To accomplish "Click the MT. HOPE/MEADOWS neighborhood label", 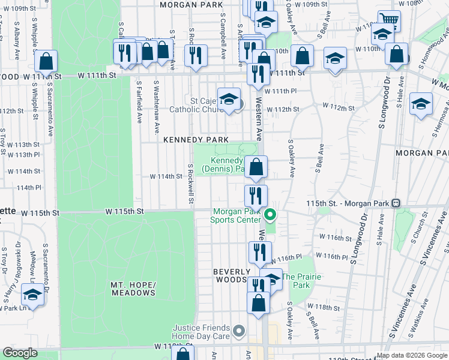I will pos(133,288).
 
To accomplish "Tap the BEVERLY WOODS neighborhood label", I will pos(231,276).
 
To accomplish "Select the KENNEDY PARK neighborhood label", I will pos(196,139).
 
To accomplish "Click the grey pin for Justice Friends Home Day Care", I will pos(239,331).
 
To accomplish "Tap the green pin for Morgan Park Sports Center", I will pos(270,214).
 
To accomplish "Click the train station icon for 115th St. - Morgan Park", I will pos(396,203).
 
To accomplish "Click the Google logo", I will pos(20,353).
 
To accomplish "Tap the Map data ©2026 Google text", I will pos(411,355).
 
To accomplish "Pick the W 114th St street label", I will pos(166,176).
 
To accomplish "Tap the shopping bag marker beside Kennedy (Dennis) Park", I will pos(256,167).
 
